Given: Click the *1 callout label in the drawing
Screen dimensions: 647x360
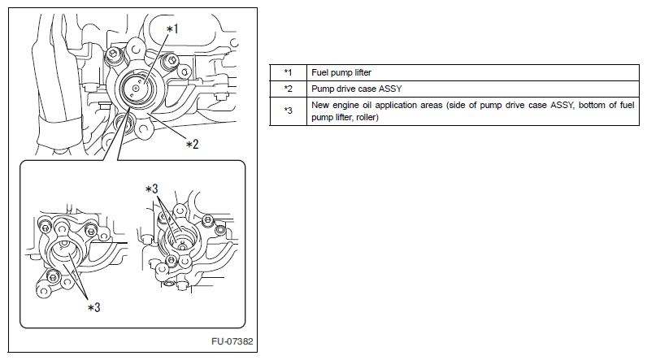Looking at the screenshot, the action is point(172,29).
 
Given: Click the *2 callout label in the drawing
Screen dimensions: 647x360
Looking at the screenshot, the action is point(193,145).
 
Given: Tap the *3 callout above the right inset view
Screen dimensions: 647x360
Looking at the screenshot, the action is point(152,189).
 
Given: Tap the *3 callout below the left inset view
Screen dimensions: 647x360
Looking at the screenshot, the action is point(94,307).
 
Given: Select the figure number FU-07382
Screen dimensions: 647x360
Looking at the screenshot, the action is point(232,341).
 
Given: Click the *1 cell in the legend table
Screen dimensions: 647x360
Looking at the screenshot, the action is point(288,72).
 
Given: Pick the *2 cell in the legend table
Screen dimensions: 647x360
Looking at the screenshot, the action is point(288,89).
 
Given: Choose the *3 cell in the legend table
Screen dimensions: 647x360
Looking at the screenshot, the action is point(288,111).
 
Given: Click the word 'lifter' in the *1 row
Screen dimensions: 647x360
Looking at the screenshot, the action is point(363,72).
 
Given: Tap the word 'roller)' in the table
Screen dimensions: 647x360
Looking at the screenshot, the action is point(367,118).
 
